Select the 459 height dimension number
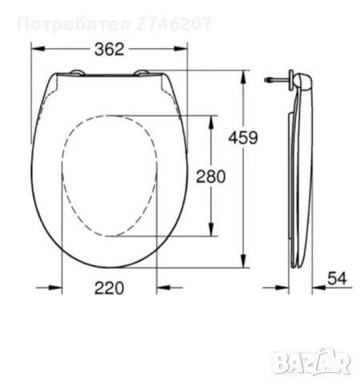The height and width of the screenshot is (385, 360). point(243,137)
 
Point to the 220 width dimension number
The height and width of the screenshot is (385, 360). point(109,288)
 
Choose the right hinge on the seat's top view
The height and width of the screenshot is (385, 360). point(145,73)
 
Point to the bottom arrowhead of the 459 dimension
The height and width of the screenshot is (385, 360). point(243,265)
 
